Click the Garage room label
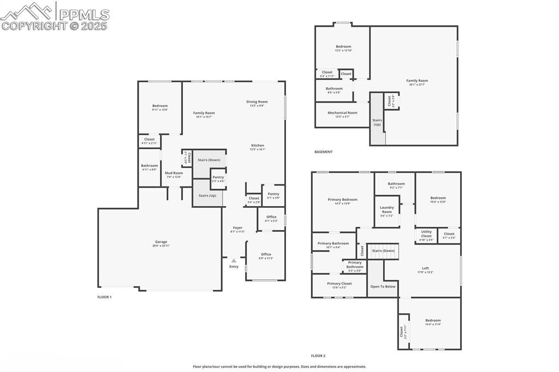pyautogui.click(x=160, y=242)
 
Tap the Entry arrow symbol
pyautogui.click(x=234, y=261)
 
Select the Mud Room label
pyautogui.click(x=174, y=173)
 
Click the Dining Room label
pyautogui.click(x=257, y=101)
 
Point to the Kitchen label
pyautogui.click(x=257, y=146)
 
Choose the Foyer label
pyautogui.click(x=237, y=228)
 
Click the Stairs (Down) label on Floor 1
pyautogui.click(x=209, y=160)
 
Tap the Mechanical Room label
pyautogui.click(x=342, y=113)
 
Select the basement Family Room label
pyautogui.click(x=417, y=81)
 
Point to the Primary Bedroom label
pyautogui.click(x=342, y=200)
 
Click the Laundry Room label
pyautogui.click(x=386, y=209)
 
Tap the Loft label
pyautogui.click(x=425, y=268)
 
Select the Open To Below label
pyautogui.click(x=383, y=286)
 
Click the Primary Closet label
pyautogui.click(x=339, y=284)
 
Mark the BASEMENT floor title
pyautogui.click(x=323, y=152)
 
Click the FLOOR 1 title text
pyautogui.click(x=104, y=297)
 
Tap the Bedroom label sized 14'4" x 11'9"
pyautogui.click(x=433, y=321)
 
